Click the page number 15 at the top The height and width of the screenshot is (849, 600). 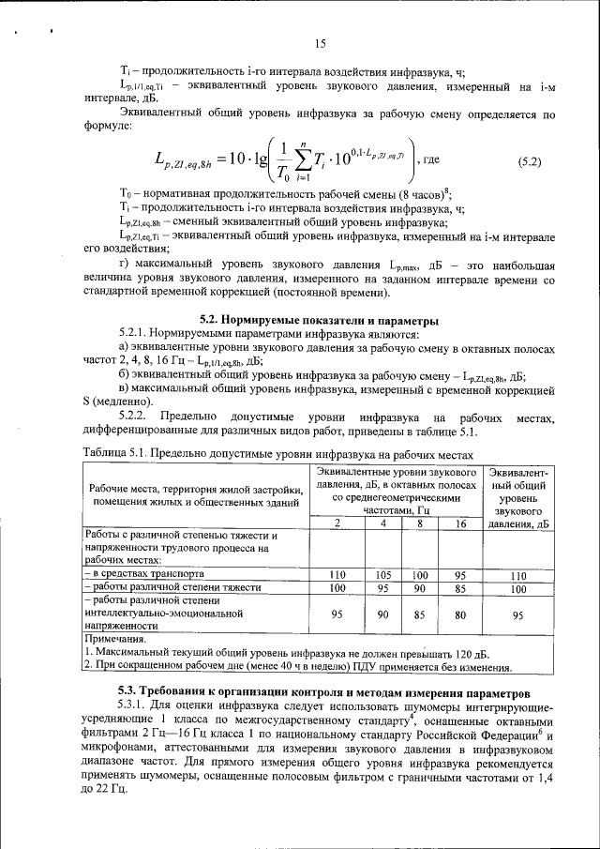[319, 44]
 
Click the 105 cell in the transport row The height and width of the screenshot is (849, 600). [382, 573]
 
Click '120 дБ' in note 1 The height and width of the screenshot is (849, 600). [465, 654]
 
